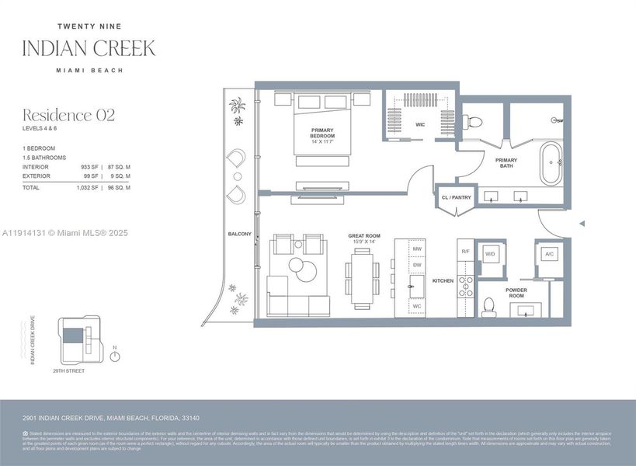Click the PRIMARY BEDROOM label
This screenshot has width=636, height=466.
pyautogui.click(x=321, y=133)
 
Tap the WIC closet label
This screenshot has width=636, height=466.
pyautogui.click(x=420, y=124)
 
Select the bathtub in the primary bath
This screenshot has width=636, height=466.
pyautogui.click(x=552, y=163)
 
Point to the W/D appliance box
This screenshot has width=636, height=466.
pyautogui.click(x=491, y=254)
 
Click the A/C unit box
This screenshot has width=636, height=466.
pyautogui.click(x=549, y=254)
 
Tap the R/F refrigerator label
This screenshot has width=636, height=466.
pyautogui.click(x=465, y=252)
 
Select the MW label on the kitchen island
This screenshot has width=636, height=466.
pyautogui.click(x=417, y=249)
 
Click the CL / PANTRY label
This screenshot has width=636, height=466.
pyautogui.click(x=456, y=198)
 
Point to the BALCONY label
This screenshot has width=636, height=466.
pyautogui.click(x=239, y=234)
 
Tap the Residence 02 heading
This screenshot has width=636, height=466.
pyautogui.click(x=68, y=116)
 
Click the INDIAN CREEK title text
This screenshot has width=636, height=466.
pyautogui.click(x=89, y=48)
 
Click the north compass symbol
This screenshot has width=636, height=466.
pyautogui.click(x=115, y=356)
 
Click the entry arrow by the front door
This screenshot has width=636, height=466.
pyautogui.click(x=582, y=224)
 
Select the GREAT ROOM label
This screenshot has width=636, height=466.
pyautogui.click(x=363, y=235)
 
